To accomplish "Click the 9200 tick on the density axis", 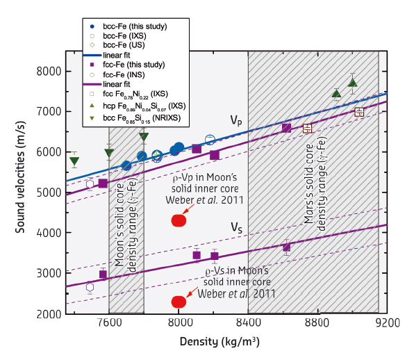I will tap(386, 324).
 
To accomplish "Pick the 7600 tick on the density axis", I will tap(110, 324).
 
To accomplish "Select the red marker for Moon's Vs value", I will tap(179, 302).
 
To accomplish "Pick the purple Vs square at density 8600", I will tap(286, 247).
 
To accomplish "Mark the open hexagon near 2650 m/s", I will tap(90, 287).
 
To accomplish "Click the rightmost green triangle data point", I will tap(352, 83).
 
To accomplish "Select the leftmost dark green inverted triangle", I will tap(74, 162).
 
